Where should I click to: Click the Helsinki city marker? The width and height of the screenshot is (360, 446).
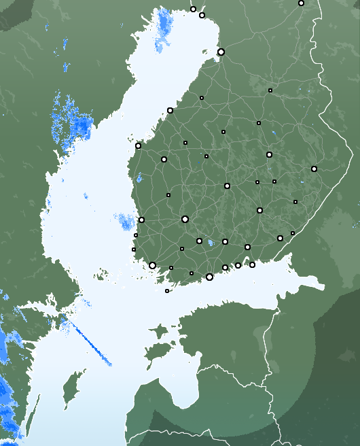209,277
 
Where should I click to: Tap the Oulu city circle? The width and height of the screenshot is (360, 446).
221,52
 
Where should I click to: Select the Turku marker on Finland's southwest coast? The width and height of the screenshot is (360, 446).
152,265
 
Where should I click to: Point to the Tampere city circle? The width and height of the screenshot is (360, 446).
185,219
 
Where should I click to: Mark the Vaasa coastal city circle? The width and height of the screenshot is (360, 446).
138,145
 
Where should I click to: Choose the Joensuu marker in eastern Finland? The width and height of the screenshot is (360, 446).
314,169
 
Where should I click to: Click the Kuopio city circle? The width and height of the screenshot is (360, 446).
269,154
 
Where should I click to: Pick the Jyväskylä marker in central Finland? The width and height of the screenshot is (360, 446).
227,186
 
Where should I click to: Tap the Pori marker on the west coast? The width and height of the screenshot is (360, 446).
141,220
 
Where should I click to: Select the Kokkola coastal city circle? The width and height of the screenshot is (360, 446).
170,110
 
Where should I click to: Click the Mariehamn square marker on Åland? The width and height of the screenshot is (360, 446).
167,291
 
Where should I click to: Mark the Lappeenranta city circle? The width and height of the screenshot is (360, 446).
280,238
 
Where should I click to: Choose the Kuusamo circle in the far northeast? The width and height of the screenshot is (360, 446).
301,3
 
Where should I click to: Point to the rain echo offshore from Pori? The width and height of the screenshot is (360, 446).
125,222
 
